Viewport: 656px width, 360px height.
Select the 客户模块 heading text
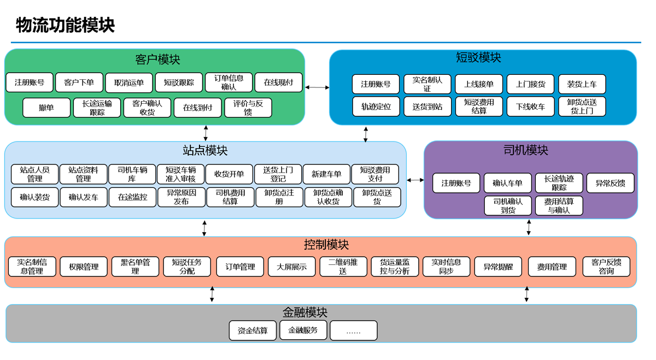(x=157, y=59)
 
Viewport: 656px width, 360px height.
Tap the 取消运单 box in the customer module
(x=130, y=82)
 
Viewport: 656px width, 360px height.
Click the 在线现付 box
(x=279, y=82)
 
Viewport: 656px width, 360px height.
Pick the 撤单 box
(x=46, y=108)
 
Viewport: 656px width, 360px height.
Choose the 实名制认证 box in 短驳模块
(x=427, y=84)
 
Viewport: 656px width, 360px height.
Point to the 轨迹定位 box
(x=376, y=107)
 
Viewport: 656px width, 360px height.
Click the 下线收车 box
(x=530, y=107)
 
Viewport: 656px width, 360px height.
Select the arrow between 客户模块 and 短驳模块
(x=317, y=87)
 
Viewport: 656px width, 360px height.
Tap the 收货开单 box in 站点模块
(x=229, y=174)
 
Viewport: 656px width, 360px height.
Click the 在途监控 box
(x=133, y=197)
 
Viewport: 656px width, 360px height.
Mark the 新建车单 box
(x=326, y=174)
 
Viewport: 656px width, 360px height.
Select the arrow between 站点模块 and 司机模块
(x=415, y=180)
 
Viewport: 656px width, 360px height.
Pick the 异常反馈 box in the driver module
(x=610, y=184)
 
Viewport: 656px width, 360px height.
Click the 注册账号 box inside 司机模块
(x=456, y=184)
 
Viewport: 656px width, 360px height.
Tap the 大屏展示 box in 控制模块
(x=291, y=267)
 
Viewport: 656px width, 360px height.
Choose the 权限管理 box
(x=84, y=267)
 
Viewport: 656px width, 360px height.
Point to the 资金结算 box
(x=253, y=331)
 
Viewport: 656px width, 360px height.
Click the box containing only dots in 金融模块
(x=353, y=331)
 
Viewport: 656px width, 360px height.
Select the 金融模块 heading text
(x=304, y=312)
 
